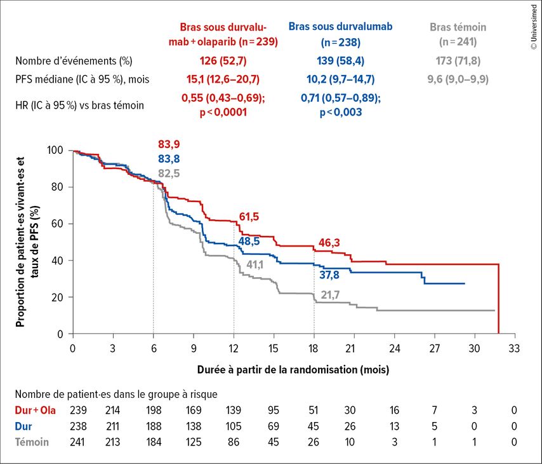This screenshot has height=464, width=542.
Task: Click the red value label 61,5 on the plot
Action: tap(249, 217)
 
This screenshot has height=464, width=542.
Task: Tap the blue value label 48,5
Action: tap(249, 242)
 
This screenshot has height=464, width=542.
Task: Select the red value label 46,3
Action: tap(329, 243)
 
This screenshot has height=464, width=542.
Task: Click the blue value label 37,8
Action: tap(329, 275)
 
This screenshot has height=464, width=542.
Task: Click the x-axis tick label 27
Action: tap(435, 349)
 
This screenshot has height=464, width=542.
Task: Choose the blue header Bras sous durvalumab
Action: tap(341, 26)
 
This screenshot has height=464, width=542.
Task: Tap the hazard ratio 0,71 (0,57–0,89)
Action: tap(341, 99)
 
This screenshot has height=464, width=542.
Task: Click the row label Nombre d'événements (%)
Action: tap(74, 61)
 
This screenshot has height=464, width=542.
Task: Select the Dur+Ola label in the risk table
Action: tap(36, 411)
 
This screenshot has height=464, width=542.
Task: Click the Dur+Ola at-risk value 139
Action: tap(234, 411)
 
